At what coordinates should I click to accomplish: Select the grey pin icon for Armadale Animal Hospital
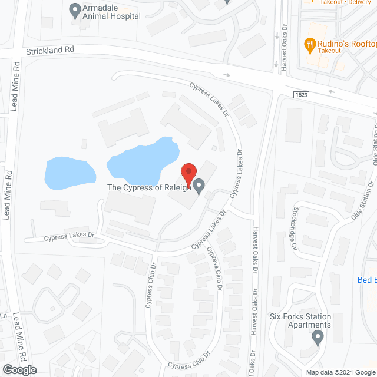(75, 9)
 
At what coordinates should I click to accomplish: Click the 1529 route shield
(301, 94)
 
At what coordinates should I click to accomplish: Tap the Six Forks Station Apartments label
(300, 320)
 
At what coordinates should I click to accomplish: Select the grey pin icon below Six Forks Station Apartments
(318, 338)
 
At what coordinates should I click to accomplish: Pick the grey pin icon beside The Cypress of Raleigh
(199, 187)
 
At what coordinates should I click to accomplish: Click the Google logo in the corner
(19, 370)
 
